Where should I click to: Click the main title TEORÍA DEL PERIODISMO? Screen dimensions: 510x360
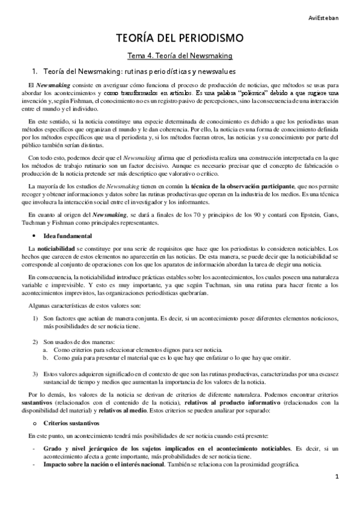point(180,39)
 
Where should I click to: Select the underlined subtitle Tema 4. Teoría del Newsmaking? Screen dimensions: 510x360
point(180,57)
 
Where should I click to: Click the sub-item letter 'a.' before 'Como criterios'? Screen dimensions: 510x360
point(46,349)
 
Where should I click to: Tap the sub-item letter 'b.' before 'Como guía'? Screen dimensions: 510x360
point(46,357)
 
